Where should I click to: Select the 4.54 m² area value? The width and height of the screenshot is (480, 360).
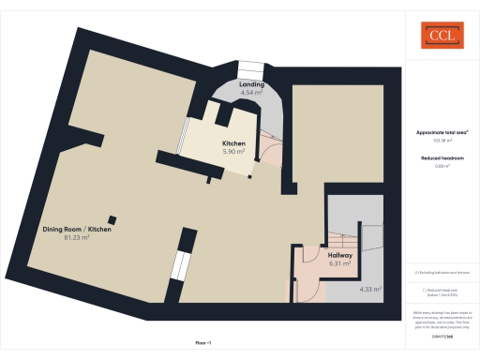(251, 93)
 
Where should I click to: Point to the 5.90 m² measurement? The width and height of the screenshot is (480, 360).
(233, 151)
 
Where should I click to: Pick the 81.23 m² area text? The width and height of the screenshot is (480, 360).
(77, 237)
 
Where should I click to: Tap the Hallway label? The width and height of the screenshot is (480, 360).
(339, 255)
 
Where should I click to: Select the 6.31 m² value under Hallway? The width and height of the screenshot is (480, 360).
(339, 263)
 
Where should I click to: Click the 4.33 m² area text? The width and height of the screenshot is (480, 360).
(370, 289)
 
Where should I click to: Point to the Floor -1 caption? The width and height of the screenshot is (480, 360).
(202, 343)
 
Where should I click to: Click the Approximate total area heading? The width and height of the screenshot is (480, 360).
(442, 132)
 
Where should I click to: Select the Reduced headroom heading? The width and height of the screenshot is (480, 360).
(442, 158)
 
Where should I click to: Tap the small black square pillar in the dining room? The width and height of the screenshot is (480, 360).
(113, 218)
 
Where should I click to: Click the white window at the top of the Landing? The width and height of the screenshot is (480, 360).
(251, 69)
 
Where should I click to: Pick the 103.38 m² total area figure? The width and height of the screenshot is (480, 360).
(442, 141)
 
